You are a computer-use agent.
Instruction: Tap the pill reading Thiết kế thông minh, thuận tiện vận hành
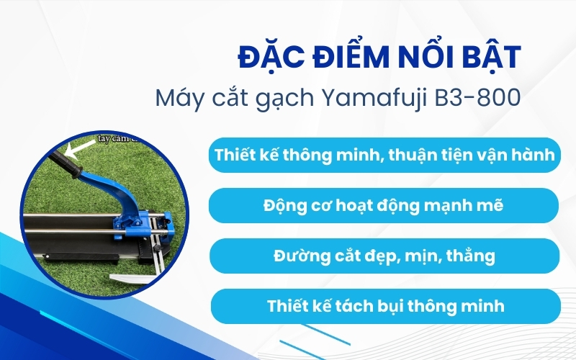pos(384,155)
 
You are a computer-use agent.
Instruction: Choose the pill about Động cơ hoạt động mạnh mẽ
pos(384,205)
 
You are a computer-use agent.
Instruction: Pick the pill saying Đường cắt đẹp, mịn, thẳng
pos(384,256)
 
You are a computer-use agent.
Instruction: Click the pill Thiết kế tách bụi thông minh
pos(384,306)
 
